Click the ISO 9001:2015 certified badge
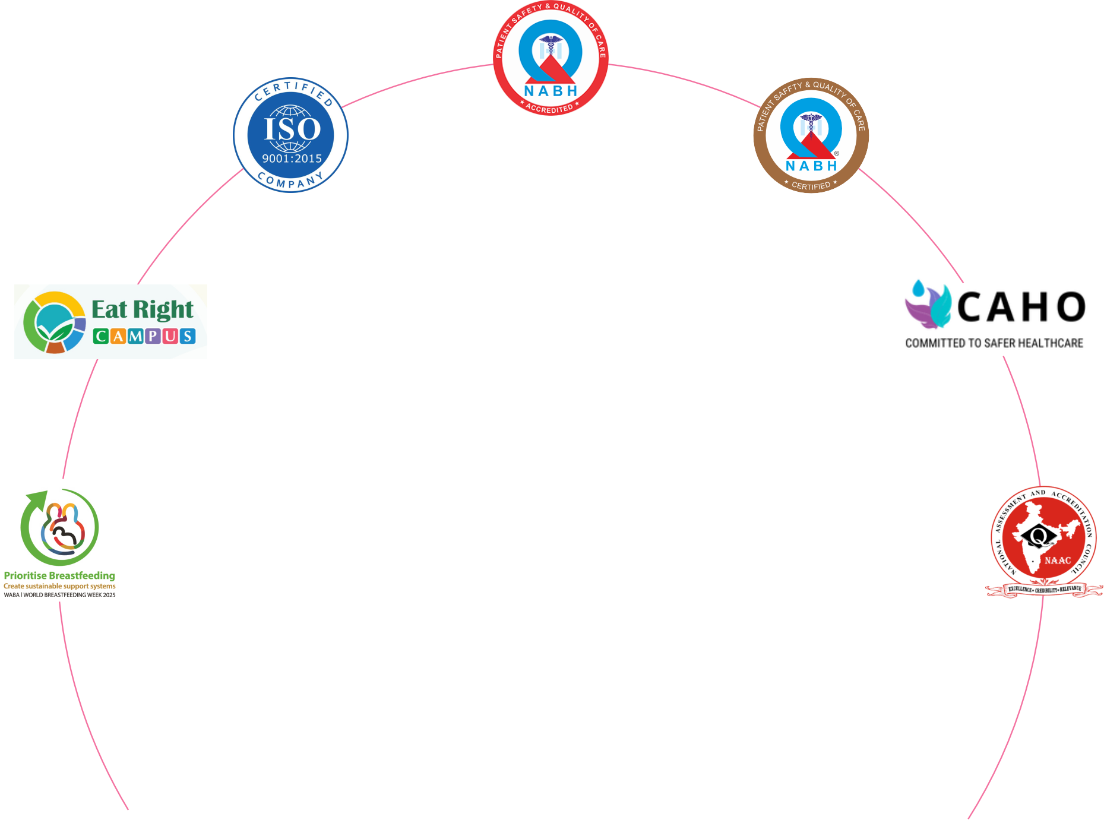coord(290,135)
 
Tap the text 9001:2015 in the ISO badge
coord(292,159)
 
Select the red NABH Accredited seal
coord(551,58)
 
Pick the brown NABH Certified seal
coord(811,135)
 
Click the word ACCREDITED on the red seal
coord(549,109)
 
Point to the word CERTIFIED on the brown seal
coord(811,185)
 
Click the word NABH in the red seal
coord(551,91)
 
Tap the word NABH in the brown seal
coord(811,166)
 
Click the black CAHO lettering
coord(1021,307)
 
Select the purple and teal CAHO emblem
coord(928,304)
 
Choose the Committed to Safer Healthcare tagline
coord(994,343)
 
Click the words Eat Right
coord(143,309)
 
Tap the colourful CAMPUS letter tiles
coord(144,336)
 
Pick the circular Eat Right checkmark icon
coord(53,322)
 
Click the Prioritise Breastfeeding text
coord(59,575)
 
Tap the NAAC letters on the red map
coord(1058,560)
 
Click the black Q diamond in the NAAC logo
coord(1038,536)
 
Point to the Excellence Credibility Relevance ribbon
coord(1044,589)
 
